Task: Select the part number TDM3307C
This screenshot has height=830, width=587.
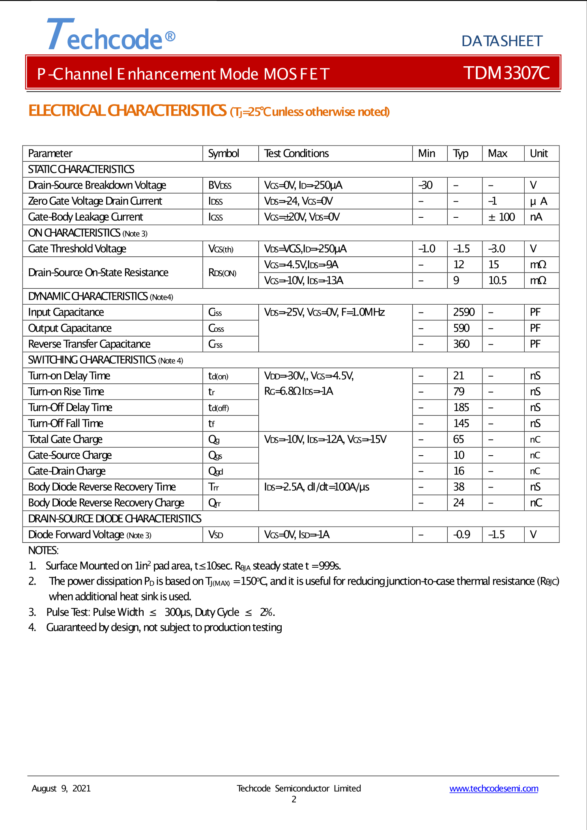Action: click(506, 73)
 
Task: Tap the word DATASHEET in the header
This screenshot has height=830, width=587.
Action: click(502, 41)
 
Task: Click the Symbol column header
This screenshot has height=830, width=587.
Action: click(223, 153)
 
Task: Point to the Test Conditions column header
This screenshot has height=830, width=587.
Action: click(296, 153)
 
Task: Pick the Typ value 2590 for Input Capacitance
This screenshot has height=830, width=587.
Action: click(464, 312)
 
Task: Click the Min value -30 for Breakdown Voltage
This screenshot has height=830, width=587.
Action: click(426, 185)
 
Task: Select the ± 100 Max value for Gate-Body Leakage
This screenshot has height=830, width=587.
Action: click(501, 217)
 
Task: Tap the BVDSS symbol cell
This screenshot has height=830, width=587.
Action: click(220, 185)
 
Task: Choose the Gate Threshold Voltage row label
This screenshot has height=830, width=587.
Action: click(77, 249)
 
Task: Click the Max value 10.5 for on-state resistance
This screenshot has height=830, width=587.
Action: click(497, 280)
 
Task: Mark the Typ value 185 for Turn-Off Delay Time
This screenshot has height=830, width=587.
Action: click(461, 408)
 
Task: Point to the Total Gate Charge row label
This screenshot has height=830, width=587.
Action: click(65, 439)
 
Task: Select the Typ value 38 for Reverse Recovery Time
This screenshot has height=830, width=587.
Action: click(458, 487)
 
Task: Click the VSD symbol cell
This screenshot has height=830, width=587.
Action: click(216, 535)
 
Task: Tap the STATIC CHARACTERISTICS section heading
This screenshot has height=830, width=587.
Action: click(81, 169)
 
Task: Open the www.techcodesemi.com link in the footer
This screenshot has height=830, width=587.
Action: click(494, 789)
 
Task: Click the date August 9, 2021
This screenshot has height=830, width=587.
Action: click(61, 789)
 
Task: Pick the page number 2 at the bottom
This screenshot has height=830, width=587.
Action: click(294, 799)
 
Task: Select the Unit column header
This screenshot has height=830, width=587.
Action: click(538, 153)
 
